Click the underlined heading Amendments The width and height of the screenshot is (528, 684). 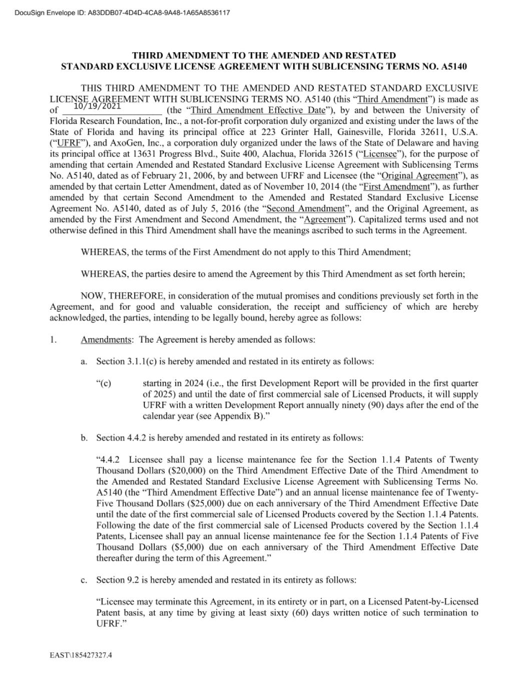(106, 340)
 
